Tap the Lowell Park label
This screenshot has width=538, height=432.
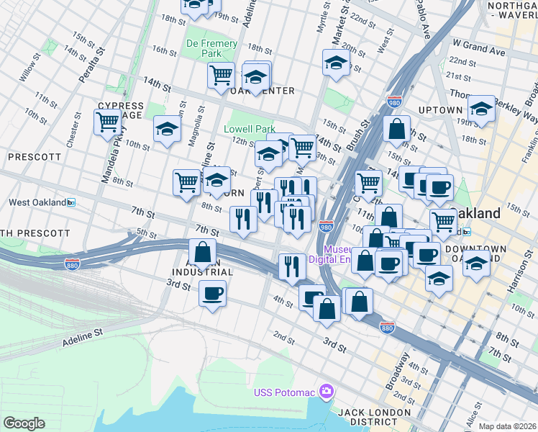tap(250, 129)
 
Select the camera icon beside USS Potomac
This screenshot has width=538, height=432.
tap(327, 391)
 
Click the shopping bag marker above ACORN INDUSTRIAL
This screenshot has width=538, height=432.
tap(203, 253)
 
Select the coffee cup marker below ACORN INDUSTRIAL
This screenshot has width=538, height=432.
tap(212, 294)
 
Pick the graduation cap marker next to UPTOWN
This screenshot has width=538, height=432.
tap(481, 109)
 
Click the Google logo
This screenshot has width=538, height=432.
tap(24, 423)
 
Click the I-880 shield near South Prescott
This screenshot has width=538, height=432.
tap(72, 264)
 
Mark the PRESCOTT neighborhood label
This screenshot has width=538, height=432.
tap(35, 156)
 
